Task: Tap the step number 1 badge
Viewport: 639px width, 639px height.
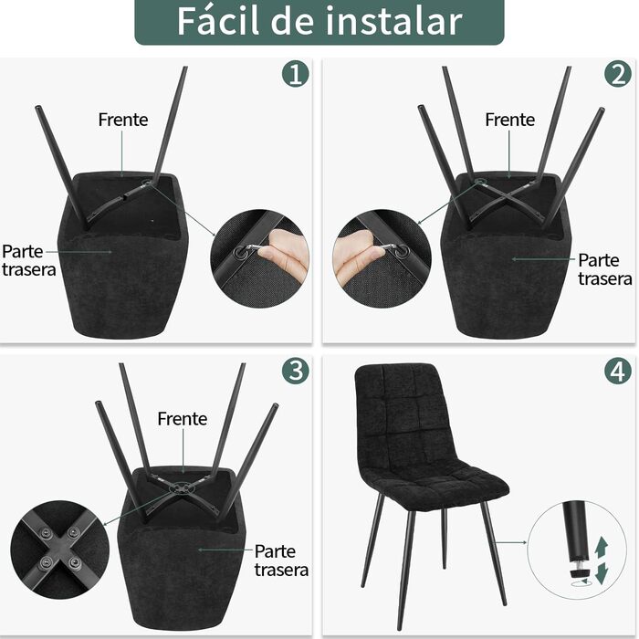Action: [x=296, y=75]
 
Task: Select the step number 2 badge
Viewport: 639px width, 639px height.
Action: [x=618, y=75]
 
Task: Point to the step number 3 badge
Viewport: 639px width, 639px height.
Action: [x=296, y=371]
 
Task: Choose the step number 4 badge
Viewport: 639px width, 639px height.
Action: [x=618, y=371]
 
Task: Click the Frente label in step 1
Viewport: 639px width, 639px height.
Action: [x=123, y=120]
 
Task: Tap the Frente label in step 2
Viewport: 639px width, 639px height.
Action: [x=509, y=120]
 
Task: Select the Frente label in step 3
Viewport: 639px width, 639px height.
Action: [x=183, y=419]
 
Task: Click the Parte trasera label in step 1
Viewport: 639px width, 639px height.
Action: [x=28, y=261]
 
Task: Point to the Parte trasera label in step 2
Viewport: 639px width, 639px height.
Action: [x=604, y=269]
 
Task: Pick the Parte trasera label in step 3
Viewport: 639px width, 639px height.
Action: [x=281, y=560]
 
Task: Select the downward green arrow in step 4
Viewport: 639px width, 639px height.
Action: [x=602, y=573]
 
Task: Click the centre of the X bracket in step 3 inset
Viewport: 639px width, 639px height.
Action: [x=60, y=547]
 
